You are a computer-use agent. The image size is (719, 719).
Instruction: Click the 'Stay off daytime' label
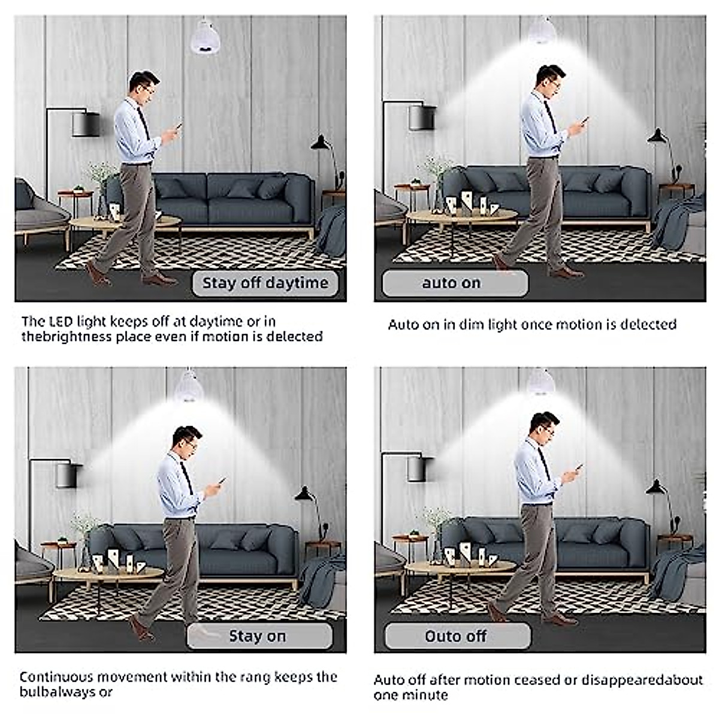click(265, 283)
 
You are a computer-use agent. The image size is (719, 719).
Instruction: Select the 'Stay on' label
click(258, 636)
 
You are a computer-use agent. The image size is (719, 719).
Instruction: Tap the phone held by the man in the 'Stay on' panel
click(220, 482)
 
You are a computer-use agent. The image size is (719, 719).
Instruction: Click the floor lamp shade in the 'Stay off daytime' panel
click(86, 125)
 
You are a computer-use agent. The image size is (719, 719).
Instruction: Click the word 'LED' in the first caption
click(61, 322)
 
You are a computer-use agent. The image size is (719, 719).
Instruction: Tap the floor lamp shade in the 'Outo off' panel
click(420, 469)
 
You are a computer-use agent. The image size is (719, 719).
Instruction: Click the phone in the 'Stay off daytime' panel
click(178, 128)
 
